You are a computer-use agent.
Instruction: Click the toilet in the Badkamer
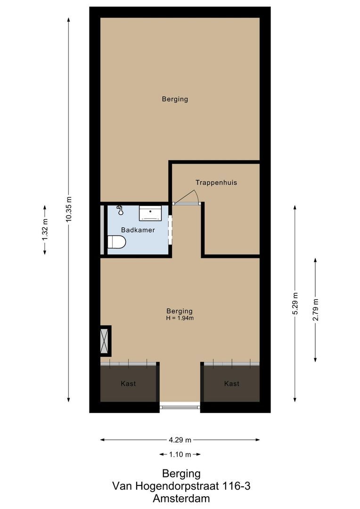[116, 243]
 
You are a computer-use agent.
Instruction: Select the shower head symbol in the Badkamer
[120, 210]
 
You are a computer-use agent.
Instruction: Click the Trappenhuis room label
[216, 182]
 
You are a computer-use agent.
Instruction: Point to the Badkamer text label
[138, 230]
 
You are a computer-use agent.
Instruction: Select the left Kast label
[128, 384]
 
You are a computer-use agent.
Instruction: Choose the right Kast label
[231, 384]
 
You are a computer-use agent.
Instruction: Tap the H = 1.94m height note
[180, 318]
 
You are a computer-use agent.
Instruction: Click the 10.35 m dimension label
[69, 209]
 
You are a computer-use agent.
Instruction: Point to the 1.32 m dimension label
[45, 230]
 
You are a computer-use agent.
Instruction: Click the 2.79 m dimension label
[315, 310]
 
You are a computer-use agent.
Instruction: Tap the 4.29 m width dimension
[180, 440]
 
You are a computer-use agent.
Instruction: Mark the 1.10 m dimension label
[180, 455]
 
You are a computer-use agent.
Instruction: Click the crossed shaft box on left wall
[105, 340]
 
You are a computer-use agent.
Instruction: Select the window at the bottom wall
[180, 405]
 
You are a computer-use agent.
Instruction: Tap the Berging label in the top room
[175, 99]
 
